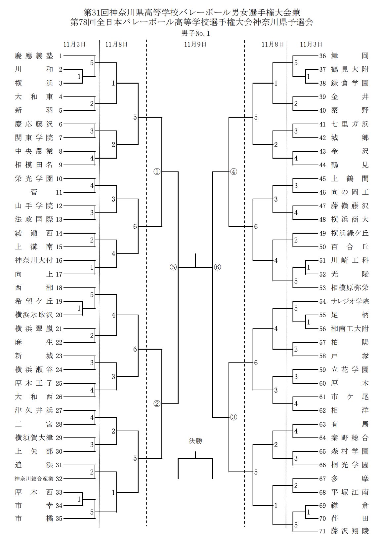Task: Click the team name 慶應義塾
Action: [x=34, y=56]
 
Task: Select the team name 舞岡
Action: [x=350, y=56]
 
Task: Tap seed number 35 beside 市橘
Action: [x=59, y=519]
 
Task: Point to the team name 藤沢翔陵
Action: [x=350, y=531]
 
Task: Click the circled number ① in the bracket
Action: [x=157, y=172]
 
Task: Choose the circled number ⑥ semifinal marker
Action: [x=217, y=267]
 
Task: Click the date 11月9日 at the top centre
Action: [x=195, y=44]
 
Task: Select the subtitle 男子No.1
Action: [x=195, y=33]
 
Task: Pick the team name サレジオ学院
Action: [x=350, y=301]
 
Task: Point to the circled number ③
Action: [x=233, y=417]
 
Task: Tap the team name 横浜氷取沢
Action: [x=34, y=315]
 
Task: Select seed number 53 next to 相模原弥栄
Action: [x=323, y=288]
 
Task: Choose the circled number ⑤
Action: [x=174, y=267]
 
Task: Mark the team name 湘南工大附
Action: [x=350, y=328]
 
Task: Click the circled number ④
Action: [x=233, y=172]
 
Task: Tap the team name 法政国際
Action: [x=34, y=219]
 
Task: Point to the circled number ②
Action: [x=157, y=403]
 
